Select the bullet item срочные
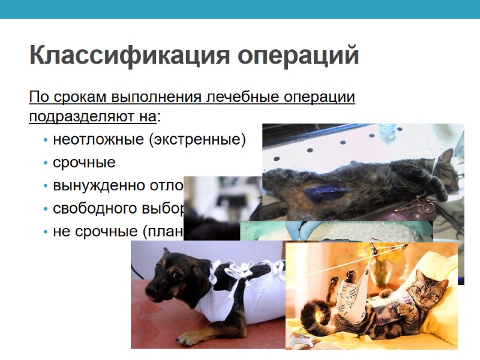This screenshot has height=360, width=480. [84, 163]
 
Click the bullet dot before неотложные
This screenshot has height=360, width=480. [46, 141]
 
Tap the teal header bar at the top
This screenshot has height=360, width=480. [240, 9]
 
